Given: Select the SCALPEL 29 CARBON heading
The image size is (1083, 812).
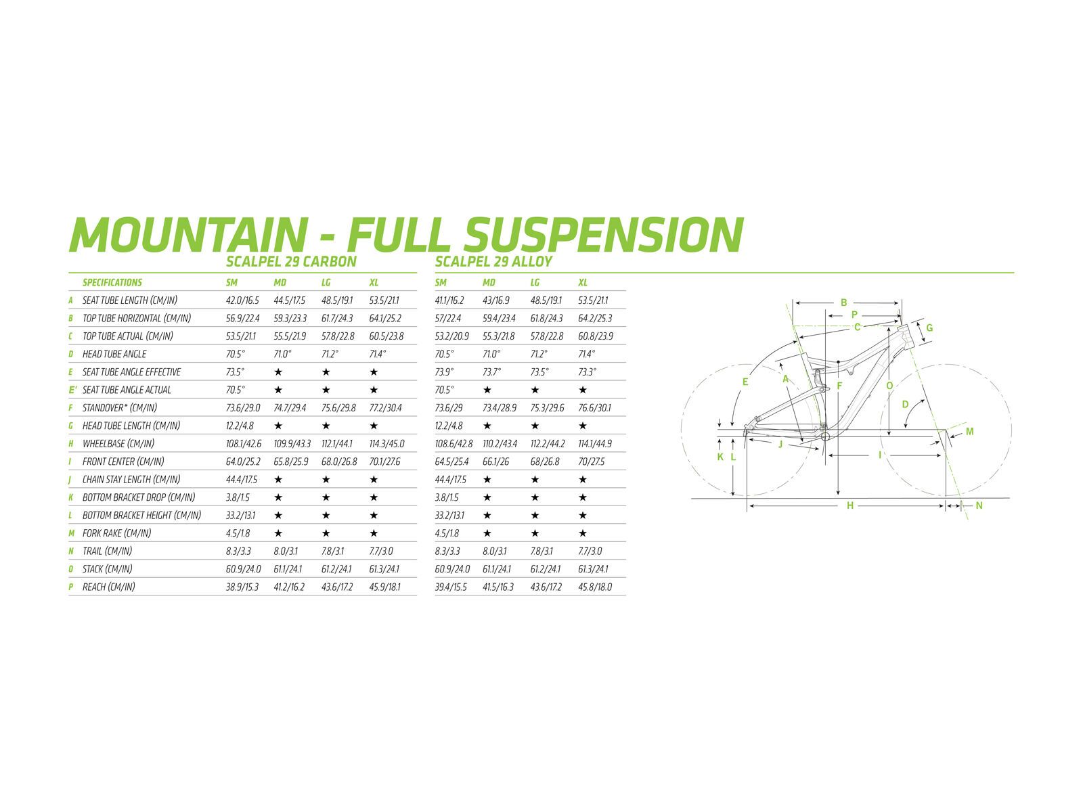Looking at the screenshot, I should (x=291, y=262).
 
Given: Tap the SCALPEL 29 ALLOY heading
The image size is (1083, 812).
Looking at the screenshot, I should (x=493, y=262).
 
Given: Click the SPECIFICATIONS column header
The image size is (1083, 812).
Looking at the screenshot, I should (x=112, y=283).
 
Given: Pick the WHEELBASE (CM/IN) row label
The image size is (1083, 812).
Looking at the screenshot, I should (x=118, y=444).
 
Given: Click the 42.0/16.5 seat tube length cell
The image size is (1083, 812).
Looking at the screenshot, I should (x=242, y=300).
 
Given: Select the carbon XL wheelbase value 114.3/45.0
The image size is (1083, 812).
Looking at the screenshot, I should (x=386, y=444).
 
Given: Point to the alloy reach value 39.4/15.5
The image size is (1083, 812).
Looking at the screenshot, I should (x=451, y=587).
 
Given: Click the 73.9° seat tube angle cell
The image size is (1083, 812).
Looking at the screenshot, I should (x=445, y=372).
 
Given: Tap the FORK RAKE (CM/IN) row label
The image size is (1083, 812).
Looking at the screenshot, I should (x=116, y=533).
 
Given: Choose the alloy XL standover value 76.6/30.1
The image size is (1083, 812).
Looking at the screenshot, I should (x=595, y=408).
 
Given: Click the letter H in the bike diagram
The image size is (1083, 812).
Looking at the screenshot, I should (x=850, y=505).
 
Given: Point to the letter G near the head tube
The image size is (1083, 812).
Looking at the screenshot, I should (x=929, y=328).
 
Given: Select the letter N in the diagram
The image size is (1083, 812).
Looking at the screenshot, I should (x=979, y=505).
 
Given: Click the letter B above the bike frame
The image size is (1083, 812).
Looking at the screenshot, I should (x=843, y=302).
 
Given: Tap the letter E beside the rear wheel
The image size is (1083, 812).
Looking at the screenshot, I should (x=745, y=382).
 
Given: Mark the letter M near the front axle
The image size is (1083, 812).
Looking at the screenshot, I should (x=969, y=432).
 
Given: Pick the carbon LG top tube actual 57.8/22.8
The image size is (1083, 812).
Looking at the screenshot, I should (x=337, y=336).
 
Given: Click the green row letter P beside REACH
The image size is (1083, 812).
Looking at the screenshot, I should (x=71, y=587).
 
